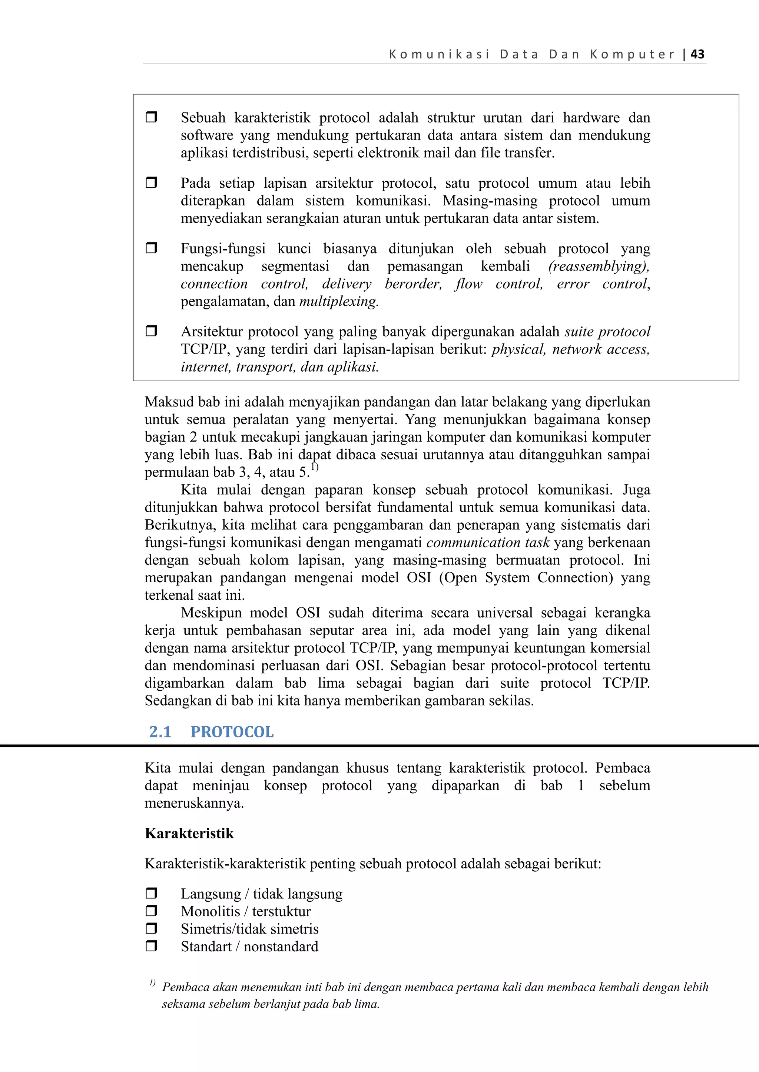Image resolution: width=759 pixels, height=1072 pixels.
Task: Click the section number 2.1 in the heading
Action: tap(160, 731)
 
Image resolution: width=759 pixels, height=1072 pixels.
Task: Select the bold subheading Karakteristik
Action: tap(189, 833)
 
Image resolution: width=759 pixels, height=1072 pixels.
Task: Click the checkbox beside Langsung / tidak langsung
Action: tap(151, 893)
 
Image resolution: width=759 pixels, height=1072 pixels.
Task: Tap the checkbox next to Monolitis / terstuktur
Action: tap(151, 911)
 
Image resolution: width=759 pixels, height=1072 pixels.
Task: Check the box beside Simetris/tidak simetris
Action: tap(151, 928)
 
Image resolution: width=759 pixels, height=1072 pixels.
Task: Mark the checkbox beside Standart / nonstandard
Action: tap(151, 946)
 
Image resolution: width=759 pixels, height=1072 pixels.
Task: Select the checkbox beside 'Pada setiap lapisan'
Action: tap(151, 182)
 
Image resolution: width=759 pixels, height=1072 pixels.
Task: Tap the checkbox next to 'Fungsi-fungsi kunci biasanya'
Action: tap(151, 248)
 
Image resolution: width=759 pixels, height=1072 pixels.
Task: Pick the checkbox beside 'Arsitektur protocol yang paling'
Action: tap(151, 331)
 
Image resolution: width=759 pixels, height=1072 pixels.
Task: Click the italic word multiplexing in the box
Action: tap(338, 302)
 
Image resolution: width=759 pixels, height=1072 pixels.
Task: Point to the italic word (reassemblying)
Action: tap(599, 266)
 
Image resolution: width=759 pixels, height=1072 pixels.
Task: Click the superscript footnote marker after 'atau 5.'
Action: tap(315, 467)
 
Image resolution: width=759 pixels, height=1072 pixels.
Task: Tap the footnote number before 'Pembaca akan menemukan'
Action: tap(152, 983)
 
